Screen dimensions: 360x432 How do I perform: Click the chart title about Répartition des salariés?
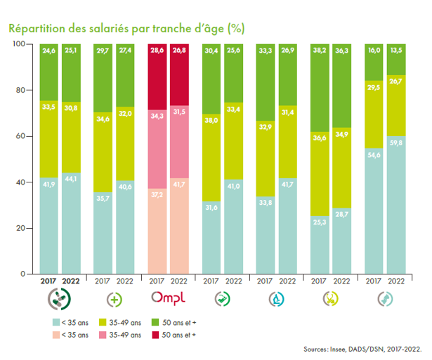tap(126, 29)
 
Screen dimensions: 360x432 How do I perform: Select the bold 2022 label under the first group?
tap(72, 281)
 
